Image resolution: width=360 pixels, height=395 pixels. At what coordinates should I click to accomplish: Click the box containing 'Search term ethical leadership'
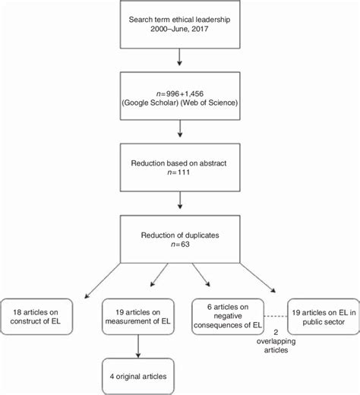[x=178, y=25]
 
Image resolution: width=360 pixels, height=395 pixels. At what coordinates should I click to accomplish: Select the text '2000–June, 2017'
[x=178, y=31]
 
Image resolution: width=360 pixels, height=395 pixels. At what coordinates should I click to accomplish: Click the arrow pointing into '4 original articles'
[x=137, y=345]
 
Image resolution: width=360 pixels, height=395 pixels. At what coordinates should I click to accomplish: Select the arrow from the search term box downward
[x=178, y=58]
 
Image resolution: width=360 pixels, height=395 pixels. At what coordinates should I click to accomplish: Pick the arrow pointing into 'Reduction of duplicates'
[x=178, y=201]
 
